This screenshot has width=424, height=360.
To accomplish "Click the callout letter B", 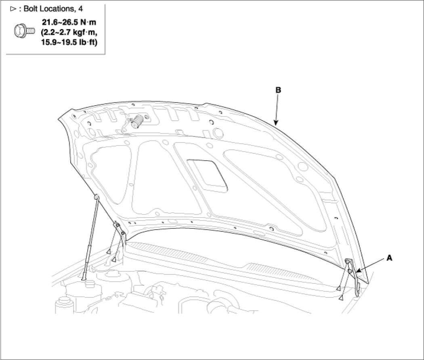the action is [x=278, y=90].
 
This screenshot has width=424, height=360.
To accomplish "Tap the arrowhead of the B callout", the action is [x=275, y=123].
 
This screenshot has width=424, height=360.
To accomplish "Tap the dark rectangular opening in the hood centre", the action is [x=208, y=174].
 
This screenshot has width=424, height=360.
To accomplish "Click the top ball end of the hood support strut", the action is [x=97, y=197].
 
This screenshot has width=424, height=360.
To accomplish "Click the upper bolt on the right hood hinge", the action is [x=347, y=263].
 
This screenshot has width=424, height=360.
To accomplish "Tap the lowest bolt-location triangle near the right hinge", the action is [x=341, y=297].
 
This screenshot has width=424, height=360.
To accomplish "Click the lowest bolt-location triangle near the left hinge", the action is [x=114, y=260].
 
